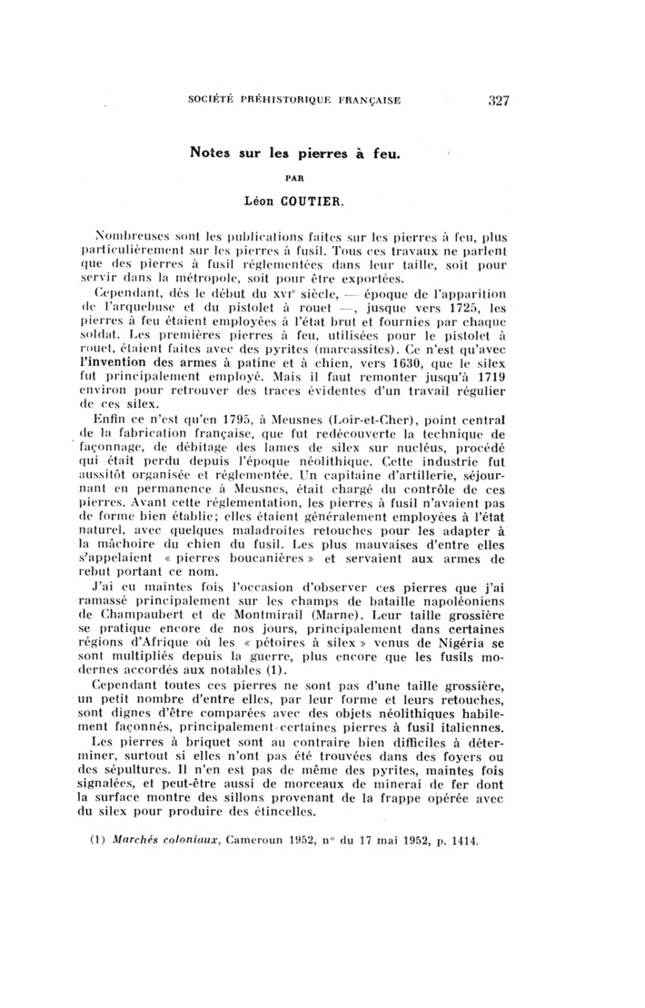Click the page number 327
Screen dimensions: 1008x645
[x=498, y=101]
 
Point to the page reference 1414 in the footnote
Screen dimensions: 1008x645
[x=462, y=840]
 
